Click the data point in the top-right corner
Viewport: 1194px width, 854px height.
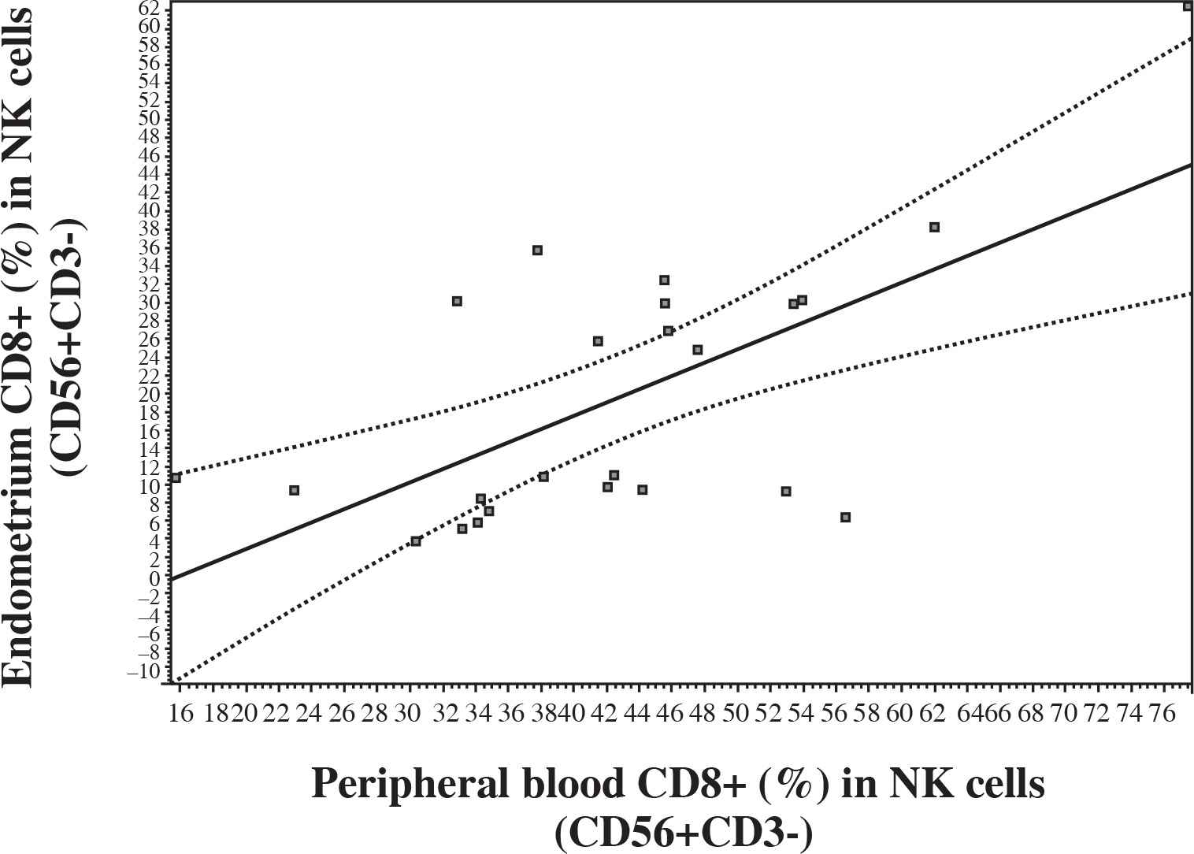(1188, 6)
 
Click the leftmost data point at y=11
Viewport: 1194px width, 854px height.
(176, 477)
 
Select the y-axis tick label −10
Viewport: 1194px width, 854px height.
(146, 670)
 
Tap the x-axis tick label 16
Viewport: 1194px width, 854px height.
(181, 714)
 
